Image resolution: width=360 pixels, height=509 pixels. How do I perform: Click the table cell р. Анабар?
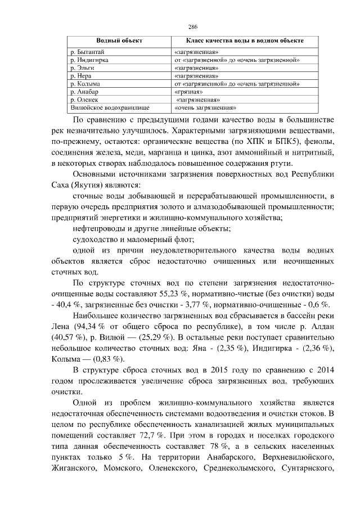click(84, 91)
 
